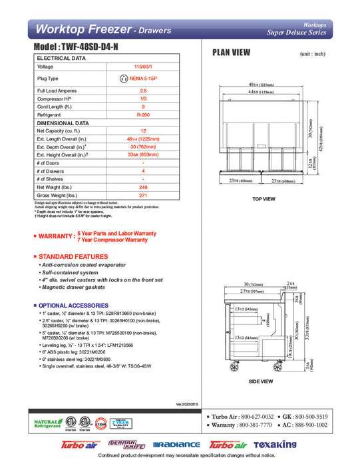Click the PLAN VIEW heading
(232, 53)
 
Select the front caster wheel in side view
(234, 366)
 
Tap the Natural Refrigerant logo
(46, 423)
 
